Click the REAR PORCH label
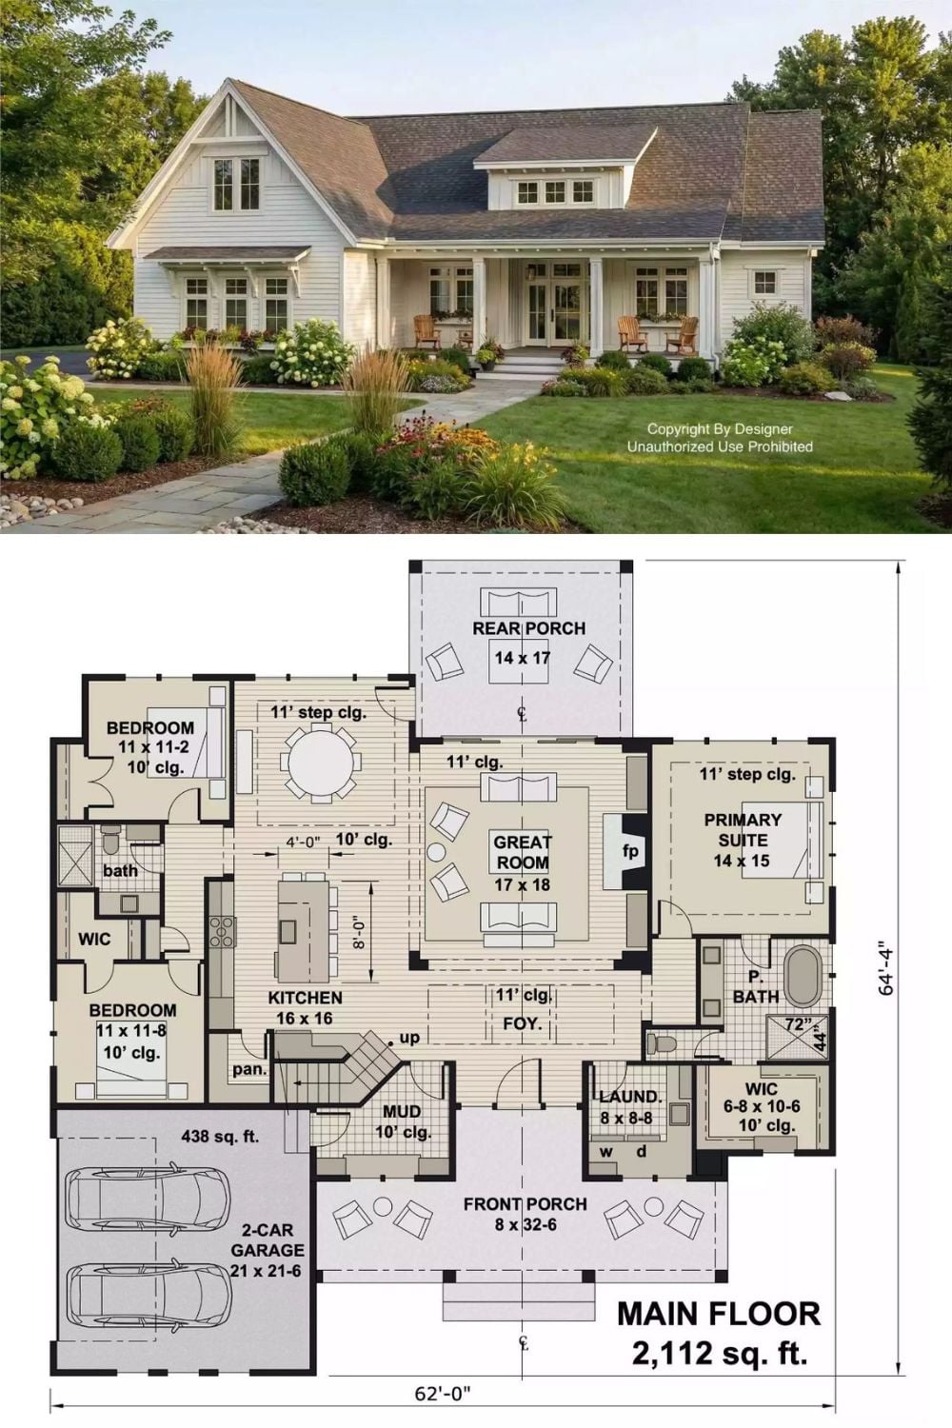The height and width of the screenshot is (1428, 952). [528, 628]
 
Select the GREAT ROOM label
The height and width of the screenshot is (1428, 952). [522, 852]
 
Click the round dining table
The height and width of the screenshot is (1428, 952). [321, 763]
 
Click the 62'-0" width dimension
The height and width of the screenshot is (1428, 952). [443, 1407]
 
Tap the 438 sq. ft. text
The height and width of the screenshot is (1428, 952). [220, 1136]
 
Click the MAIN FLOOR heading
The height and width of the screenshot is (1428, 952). [719, 1315]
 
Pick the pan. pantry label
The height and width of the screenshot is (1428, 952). [249, 1069]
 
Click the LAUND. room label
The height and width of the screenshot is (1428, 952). [630, 1097]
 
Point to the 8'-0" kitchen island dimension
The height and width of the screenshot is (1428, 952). [359, 932]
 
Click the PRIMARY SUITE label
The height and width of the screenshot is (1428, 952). [743, 829]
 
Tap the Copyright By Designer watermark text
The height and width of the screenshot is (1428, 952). [720, 429]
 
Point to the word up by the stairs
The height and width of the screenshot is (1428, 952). [409, 1038]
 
